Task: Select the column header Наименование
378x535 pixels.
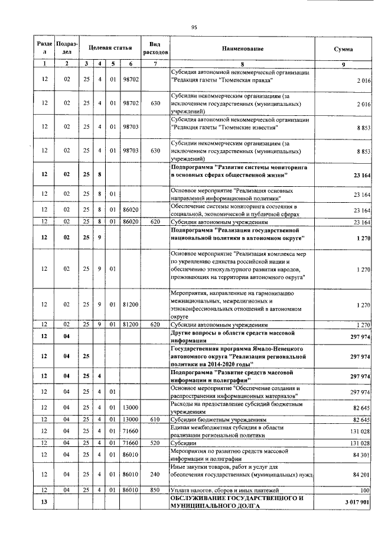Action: pyautogui.click(x=243, y=48)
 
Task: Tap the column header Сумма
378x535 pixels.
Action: pyautogui.click(x=343, y=48)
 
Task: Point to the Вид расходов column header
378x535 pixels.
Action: pyautogui.click(x=155, y=48)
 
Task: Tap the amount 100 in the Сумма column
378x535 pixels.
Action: pyautogui.click(x=365, y=490)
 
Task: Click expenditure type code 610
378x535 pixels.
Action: pyautogui.click(x=155, y=419)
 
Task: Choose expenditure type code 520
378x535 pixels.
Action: pyautogui.click(x=155, y=442)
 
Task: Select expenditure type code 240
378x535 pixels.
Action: pyautogui.click(x=155, y=474)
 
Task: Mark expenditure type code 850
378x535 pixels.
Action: pyautogui.click(x=155, y=490)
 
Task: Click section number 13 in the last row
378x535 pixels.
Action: pyautogui.click(x=44, y=503)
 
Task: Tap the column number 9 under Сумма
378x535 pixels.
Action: pyautogui.click(x=343, y=63)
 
